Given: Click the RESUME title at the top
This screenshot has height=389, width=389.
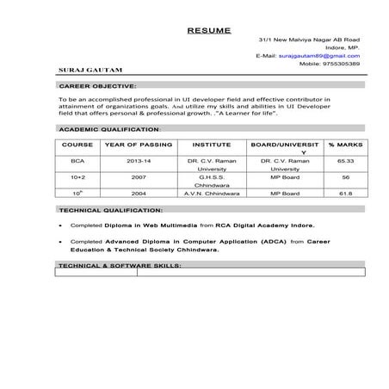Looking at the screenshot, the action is coord(208,30).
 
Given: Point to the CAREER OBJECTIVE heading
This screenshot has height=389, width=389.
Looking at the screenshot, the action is coord(96,87).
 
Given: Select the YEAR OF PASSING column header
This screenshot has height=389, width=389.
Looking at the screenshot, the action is coord(133,145).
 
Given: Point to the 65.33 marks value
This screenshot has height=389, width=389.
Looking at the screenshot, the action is coord(345,161).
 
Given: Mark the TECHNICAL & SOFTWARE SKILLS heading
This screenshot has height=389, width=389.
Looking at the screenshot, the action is coord(119,267).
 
